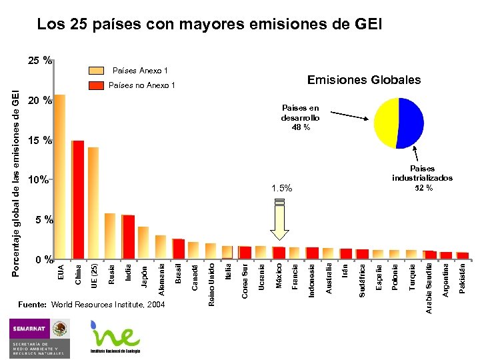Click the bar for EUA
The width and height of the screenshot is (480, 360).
[59, 177]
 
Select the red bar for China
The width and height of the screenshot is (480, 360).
[77, 200]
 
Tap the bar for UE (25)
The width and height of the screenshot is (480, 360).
[93, 203]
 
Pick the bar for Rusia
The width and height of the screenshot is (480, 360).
[110, 236]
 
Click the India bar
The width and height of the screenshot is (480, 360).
[128, 237]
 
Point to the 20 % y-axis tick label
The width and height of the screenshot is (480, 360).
[39, 101]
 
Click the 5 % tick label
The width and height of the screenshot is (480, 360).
[39, 219]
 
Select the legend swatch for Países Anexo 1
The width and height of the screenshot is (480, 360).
[97, 70]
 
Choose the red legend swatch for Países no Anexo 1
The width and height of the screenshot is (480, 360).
[97, 85]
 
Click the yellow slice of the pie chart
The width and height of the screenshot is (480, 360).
[386, 123]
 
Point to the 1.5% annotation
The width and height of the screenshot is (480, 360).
[281, 189]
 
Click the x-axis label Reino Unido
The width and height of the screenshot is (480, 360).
[211, 285]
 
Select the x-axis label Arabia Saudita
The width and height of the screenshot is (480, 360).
[429, 289]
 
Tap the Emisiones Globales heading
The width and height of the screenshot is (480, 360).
[363, 80]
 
